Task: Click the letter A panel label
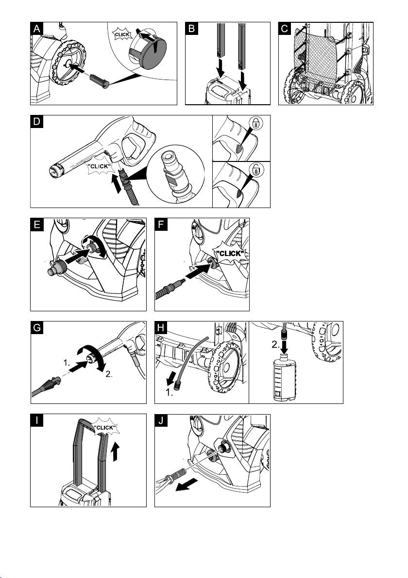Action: click(37, 29)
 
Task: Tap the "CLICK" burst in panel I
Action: click(104, 428)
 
